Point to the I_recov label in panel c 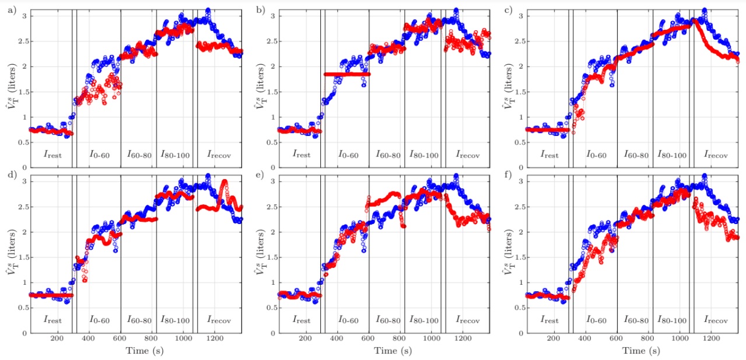click(x=716, y=155)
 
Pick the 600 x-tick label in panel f click(x=617, y=340)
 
